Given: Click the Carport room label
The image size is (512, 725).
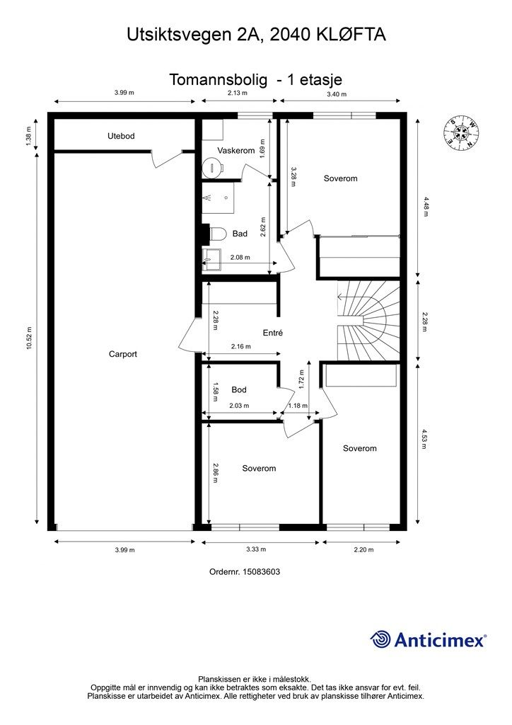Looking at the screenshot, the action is (x=123, y=354).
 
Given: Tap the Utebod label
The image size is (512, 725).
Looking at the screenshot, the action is (x=121, y=136).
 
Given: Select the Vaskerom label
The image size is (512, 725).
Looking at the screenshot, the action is (x=236, y=150).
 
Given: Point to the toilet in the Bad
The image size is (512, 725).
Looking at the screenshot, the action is (x=217, y=234).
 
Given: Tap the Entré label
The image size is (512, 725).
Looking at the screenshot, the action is (x=272, y=333).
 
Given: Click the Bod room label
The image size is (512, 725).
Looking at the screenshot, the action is (x=239, y=390).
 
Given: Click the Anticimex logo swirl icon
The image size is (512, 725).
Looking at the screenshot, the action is (x=380, y=639).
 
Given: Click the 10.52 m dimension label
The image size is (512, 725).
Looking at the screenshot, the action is (x=30, y=338).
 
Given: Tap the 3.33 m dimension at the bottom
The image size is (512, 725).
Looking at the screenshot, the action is (x=256, y=549).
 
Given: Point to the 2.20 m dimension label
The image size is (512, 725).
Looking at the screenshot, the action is (x=363, y=549).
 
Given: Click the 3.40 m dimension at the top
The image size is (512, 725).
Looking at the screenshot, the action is (x=337, y=94).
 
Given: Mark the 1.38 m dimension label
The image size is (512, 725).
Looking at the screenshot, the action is (x=28, y=137).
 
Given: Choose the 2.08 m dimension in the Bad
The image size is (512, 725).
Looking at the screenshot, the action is (x=240, y=257).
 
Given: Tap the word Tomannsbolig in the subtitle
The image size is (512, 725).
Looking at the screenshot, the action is (x=218, y=80).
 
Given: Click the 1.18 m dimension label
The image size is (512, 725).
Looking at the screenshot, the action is (x=298, y=406).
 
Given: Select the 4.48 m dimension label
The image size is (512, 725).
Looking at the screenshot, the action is (x=426, y=207).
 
